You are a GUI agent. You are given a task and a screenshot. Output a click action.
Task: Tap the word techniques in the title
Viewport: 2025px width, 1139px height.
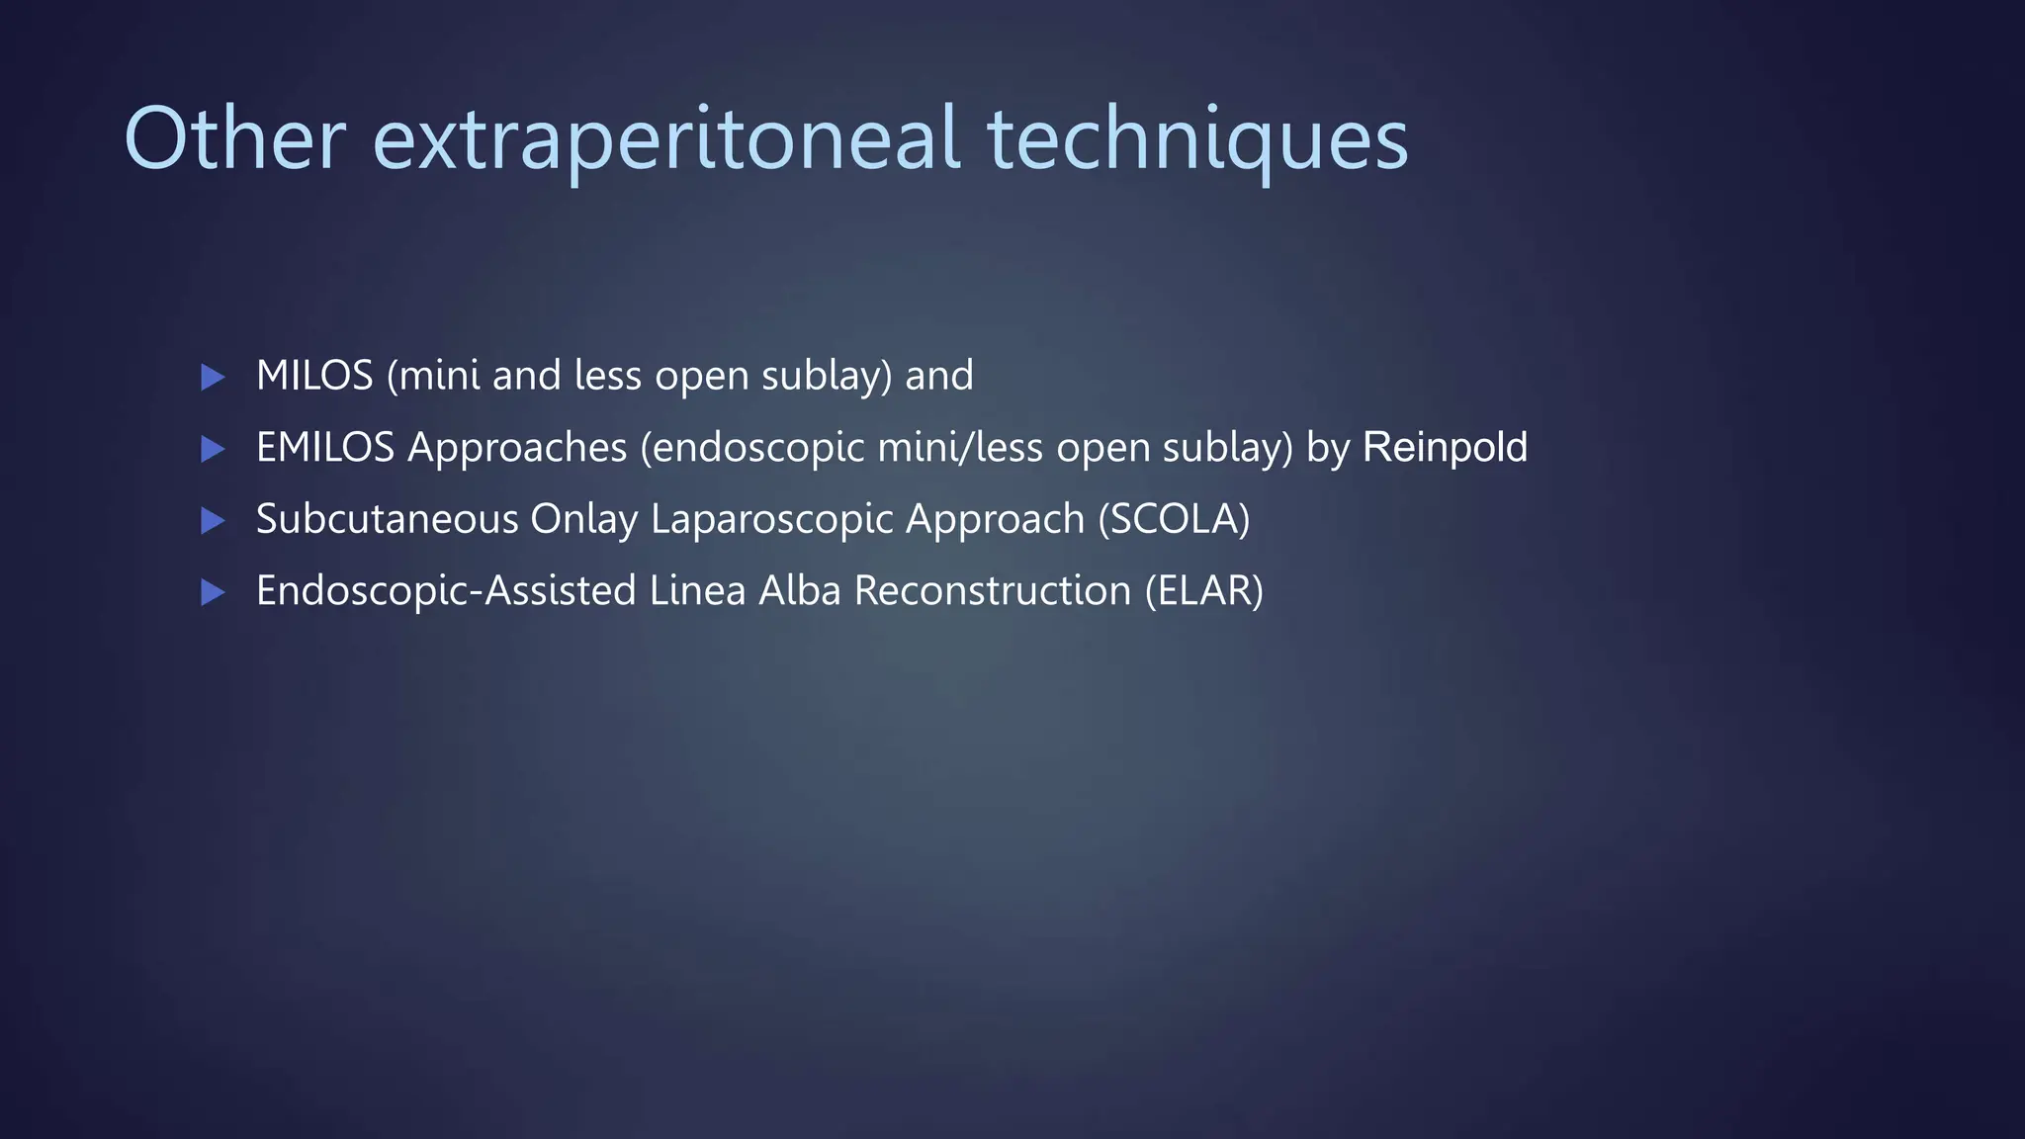tap(1197, 140)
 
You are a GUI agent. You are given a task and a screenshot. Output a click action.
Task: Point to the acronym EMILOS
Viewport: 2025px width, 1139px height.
tap(325, 448)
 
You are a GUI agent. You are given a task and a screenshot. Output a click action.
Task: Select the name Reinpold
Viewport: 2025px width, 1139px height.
tap(1445, 448)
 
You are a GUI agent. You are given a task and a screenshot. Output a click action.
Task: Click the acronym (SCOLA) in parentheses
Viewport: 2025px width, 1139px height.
tap(1174, 520)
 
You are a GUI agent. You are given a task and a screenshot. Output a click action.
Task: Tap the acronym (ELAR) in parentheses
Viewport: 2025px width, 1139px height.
tap(1203, 591)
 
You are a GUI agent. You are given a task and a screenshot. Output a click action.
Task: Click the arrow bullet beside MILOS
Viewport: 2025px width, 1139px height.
tap(213, 377)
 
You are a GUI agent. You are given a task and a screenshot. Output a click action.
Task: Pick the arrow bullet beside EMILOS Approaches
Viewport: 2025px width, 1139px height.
tap(213, 449)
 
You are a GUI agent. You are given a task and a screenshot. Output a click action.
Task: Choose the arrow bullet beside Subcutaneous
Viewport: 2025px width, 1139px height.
tap(213, 521)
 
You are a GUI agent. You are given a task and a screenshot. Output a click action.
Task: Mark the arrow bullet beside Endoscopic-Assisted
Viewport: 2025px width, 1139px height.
tap(213, 592)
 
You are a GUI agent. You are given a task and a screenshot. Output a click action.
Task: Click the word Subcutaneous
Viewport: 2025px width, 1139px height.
tap(387, 520)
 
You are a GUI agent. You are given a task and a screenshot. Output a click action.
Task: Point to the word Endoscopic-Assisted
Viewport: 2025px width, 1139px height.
tap(446, 591)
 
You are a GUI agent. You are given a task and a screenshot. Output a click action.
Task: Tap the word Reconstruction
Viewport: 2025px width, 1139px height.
tap(992, 591)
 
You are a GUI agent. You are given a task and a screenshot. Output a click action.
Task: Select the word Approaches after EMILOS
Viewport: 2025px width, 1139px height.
tap(517, 449)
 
